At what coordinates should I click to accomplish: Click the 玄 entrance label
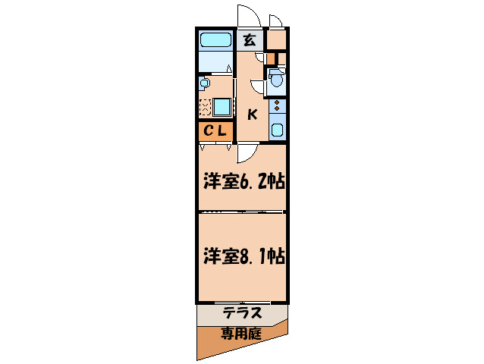tap(249, 39)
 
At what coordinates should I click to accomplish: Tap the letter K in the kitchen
tap(253, 115)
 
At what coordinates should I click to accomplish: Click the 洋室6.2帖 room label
tap(243, 182)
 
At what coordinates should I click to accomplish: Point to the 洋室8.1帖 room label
tap(243, 256)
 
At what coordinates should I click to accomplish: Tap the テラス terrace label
tap(243, 312)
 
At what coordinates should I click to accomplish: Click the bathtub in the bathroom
tap(215, 39)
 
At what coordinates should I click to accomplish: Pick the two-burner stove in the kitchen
tap(278, 105)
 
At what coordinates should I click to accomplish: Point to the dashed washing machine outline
tap(205, 106)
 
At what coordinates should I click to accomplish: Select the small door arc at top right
tap(275, 20)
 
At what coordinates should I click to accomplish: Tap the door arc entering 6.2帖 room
tap(245, 154)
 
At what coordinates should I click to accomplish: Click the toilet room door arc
tap(259, 87)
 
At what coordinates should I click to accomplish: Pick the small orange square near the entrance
tap(270, 57)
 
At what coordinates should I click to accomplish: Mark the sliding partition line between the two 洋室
tap(243, 214)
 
